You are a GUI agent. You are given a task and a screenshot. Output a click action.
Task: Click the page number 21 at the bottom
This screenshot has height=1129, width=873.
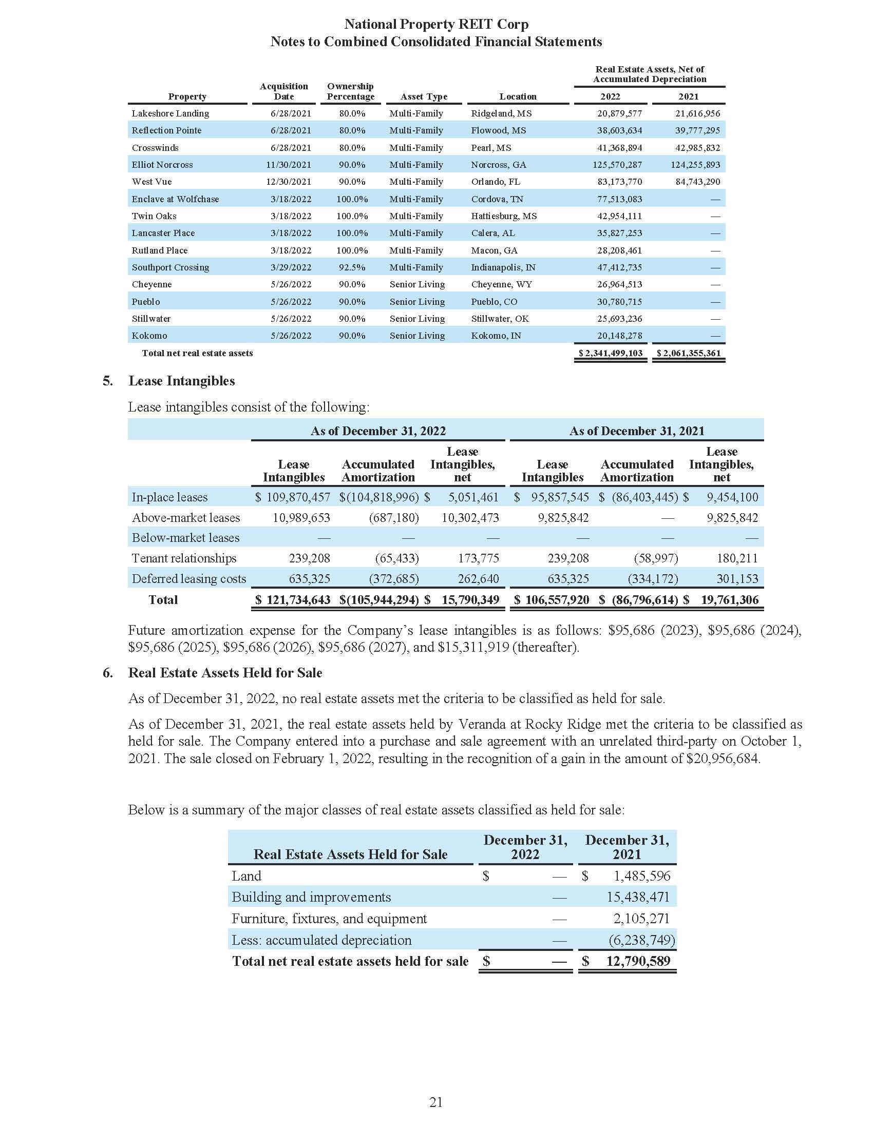(436, 1103)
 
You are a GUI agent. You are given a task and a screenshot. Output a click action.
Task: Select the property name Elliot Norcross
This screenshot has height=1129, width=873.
(162, 165)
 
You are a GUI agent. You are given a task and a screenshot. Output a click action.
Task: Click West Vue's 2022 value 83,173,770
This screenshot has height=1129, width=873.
(619, 182)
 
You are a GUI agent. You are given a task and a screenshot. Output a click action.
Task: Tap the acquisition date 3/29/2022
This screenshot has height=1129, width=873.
(291, 267)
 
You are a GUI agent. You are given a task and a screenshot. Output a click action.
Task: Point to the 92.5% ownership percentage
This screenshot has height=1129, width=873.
(352, 267)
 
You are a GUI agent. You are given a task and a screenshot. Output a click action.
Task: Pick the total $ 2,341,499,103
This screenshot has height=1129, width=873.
(611, 353)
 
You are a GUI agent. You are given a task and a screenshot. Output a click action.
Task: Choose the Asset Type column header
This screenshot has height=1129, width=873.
(424, 96)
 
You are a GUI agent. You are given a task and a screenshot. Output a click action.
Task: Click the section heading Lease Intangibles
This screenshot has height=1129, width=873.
(181, 381)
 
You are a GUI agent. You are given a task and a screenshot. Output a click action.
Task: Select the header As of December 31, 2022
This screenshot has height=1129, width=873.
(378, 431)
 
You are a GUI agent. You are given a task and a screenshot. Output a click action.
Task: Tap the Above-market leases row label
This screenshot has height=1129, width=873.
(186, 517)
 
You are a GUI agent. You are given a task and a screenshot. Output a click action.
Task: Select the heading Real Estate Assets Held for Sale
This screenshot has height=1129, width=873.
(225, 673)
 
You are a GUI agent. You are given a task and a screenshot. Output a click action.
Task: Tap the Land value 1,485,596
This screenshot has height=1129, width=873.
(641, 875)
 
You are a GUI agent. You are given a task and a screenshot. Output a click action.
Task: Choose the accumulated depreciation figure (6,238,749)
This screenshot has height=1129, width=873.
(641, 940)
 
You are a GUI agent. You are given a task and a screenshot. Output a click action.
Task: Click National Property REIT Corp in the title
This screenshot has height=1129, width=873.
(436, 24)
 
